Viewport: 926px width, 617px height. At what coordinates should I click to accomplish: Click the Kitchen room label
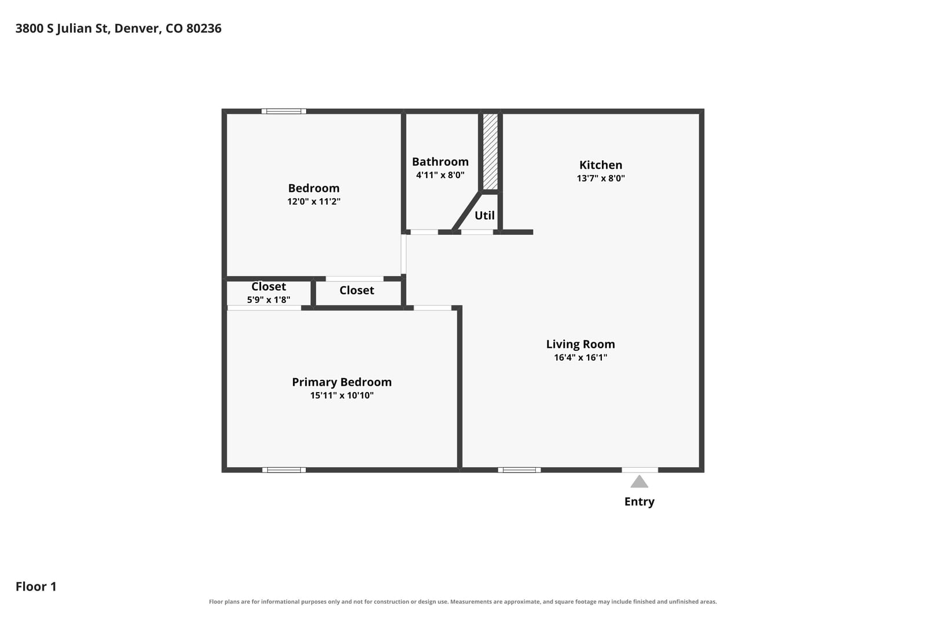tap(600, 165)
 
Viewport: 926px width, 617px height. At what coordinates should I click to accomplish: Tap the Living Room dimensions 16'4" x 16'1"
tap(580, 357)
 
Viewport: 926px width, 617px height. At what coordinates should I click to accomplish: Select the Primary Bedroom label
tap(341, 382)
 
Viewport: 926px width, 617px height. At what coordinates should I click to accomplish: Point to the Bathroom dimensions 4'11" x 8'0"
tap(440, 175)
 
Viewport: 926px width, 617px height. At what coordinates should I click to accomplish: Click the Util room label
tap(484, 215)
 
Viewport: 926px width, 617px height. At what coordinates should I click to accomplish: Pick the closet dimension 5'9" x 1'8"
tap(269, 300)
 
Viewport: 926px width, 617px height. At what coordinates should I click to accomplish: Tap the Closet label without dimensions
tap(357, 290)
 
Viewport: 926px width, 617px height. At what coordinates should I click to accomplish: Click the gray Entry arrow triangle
tap(639, 482)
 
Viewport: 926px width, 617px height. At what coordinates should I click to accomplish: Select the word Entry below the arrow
tap(639, 501)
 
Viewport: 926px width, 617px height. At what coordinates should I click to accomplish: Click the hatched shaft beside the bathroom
tap(490, 151)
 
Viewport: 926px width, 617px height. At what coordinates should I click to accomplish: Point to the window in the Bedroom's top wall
tap(284, 111)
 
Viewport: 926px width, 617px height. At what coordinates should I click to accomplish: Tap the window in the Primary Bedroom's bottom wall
tap(284, 470)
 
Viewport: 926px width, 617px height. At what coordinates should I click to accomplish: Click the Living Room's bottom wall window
tap(519, 470)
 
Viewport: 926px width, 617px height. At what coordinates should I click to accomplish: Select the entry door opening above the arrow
tap(640, 470)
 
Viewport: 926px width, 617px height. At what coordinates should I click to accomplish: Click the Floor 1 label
tap(36, 586)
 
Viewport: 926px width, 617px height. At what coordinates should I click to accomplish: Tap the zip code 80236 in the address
tap(204, 28)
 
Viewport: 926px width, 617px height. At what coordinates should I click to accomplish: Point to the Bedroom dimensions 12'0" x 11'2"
tap(314, 201)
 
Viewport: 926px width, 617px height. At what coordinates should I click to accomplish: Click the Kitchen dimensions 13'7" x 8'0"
tap(600, 178)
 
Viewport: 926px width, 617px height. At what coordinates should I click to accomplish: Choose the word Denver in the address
tap(137, 28)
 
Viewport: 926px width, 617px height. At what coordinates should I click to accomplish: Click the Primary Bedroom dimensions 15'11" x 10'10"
tap(341, 395)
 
